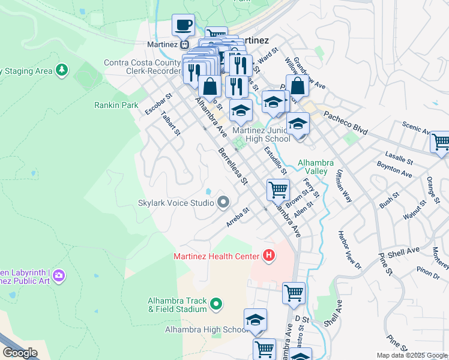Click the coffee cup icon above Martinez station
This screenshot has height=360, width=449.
click(184, 25)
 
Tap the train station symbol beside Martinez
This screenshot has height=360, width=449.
click(185, 44)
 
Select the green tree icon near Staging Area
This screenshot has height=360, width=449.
click(61, 71)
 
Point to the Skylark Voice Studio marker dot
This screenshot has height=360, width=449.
click(223, 202)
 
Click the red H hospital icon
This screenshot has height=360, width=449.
click(269, 256)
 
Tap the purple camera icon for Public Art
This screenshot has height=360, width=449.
click(59, 275)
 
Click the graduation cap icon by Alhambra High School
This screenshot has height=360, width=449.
click(255, 320)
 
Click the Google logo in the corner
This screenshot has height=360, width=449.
click(19, 353)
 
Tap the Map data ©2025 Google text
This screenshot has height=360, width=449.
click(412, 355)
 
